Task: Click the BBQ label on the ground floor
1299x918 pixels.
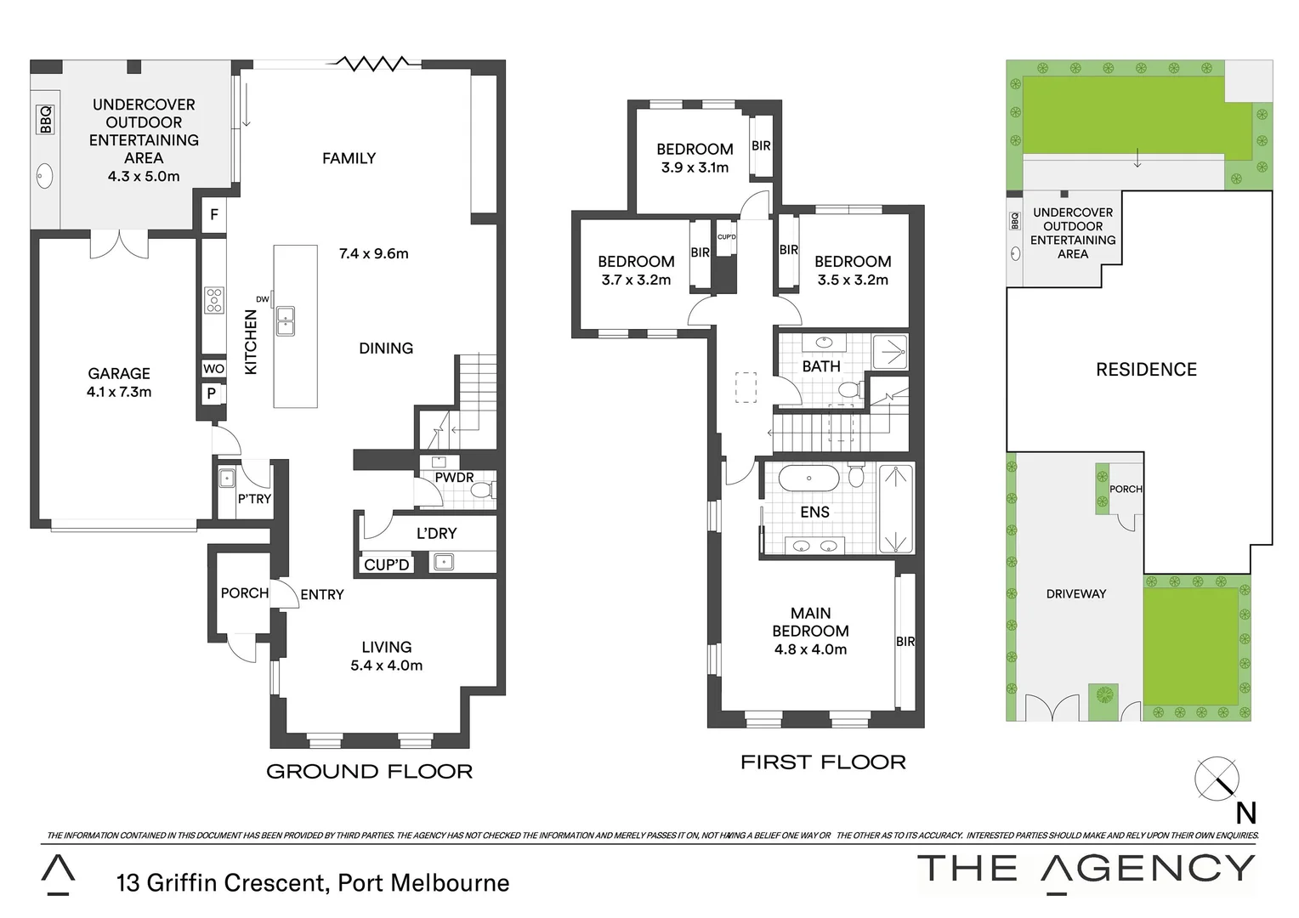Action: pyautogui.click(x=45, y=120)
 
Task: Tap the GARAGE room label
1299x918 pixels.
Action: pyautogui.click(x=119, y=373)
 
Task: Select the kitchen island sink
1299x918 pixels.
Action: pyautogui.click(x=285, y=320)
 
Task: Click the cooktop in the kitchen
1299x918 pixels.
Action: pyautogui.click(x=214, y=300)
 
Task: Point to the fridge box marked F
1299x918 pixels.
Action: pyautogui.click(x=214, y=215)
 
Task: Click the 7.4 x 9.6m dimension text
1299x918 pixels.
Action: pyautogui.click(x=373, y=253)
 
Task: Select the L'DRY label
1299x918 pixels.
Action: pyautogui.click(x=436, y=533)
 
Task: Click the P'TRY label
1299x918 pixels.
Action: pyautogui.click(x=254, y=499)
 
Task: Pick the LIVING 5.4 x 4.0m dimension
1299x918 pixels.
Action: pyautogui.click(x=387, y=666)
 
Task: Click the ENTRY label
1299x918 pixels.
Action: pyautogui.click(x=321, y=595)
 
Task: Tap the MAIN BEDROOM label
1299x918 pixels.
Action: pyautogui.click(x=810, y=621)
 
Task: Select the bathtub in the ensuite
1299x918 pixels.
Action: pyautogui.click(x=809, y=479)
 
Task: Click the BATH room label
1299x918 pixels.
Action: pyautogui.click(x=821, y=366)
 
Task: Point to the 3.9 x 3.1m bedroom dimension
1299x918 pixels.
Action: pyautogui.click(x=695, y=167)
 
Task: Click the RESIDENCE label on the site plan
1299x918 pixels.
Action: pyautogui.click(x=1146, y=369)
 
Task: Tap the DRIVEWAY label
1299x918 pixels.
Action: pyautogui.click(x=1076, y=594)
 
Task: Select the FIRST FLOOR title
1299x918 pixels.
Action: pyautogui.click(x=823, y=762)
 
